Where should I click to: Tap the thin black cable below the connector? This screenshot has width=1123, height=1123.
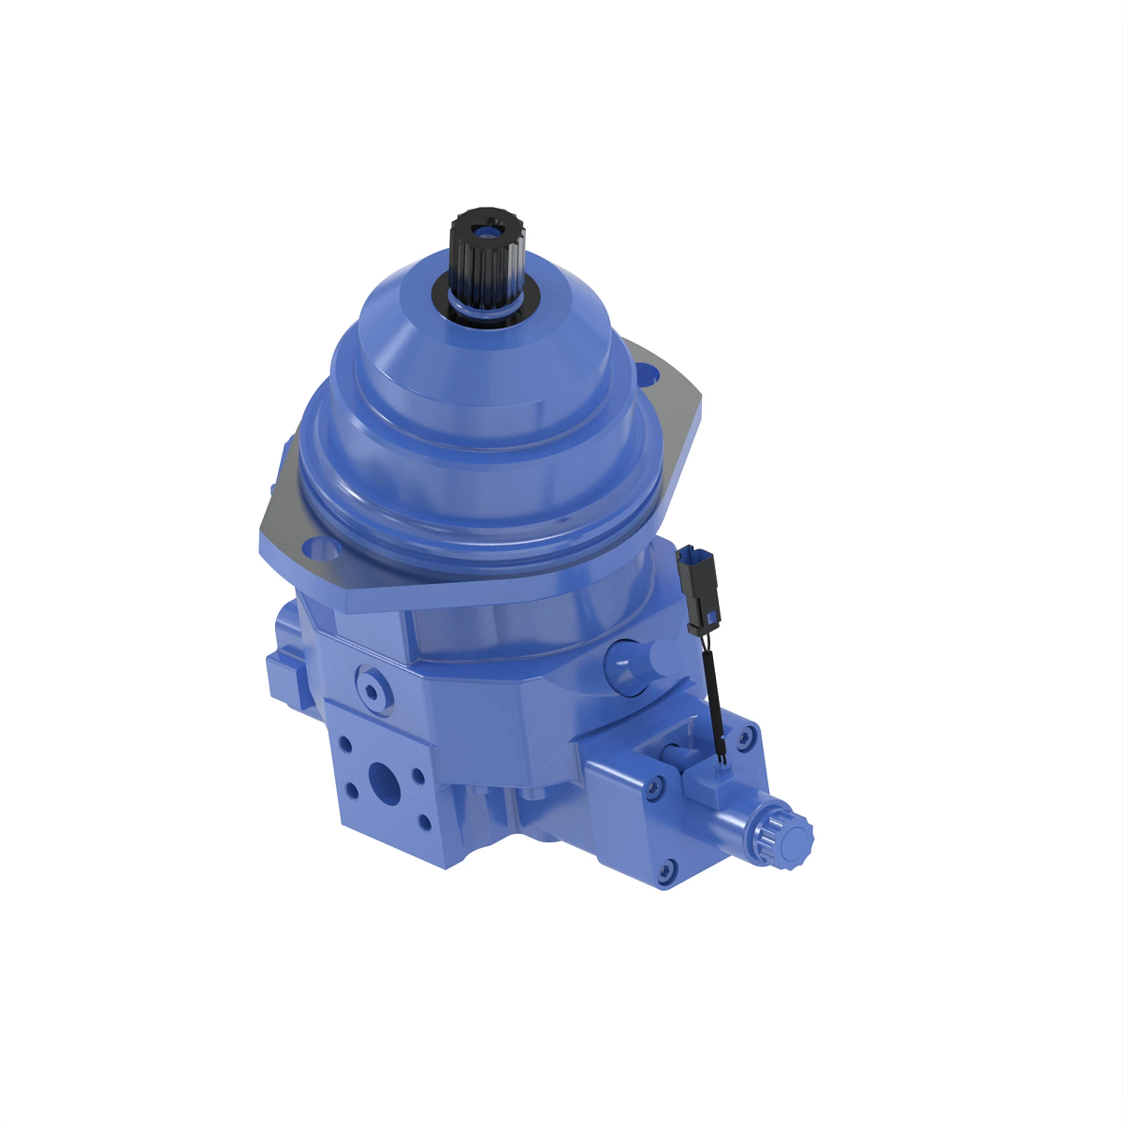coord(715,693)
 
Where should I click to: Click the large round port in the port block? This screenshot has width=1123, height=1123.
coord(384,779)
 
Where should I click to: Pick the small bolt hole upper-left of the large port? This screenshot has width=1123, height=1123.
coord(345,745)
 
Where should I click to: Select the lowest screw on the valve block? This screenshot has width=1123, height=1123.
coord(666,870)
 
